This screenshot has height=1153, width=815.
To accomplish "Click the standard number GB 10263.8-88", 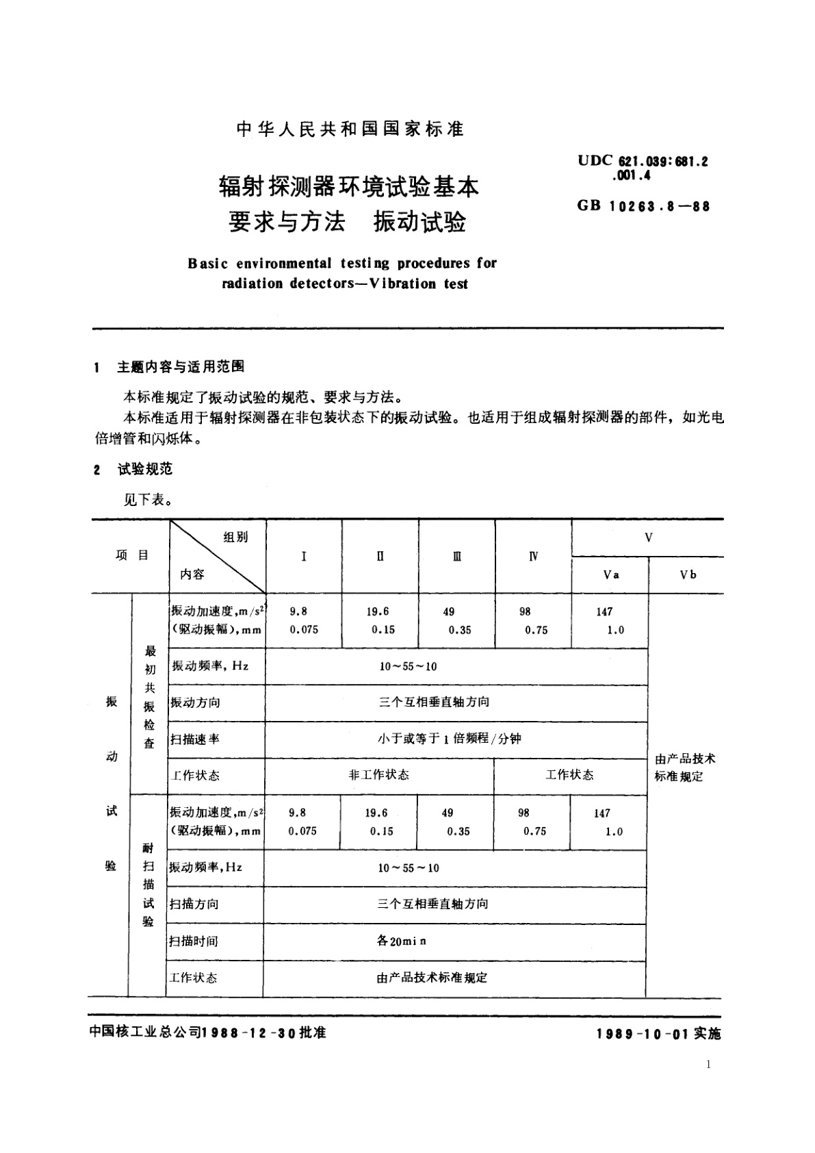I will (643, 206).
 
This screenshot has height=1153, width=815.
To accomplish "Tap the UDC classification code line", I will (642, 162).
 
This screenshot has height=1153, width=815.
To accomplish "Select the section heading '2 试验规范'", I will (134, 469).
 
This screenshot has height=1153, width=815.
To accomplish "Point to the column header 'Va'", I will (611, 574).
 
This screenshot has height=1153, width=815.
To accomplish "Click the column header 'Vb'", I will (688, 574).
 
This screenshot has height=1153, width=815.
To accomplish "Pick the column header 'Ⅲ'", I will (456, 556).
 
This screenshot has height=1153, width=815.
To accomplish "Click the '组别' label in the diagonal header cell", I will (235, 537).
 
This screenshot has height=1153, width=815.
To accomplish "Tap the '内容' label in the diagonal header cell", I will (192, 574).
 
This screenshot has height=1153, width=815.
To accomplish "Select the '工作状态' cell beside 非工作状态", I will (569, 774).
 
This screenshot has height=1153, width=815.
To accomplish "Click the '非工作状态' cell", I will (378, 774).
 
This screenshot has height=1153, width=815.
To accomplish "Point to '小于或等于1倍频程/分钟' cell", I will (449, 739).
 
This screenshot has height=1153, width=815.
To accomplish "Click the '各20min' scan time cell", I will (402, 941).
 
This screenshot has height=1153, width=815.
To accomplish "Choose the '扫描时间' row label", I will (194, 941).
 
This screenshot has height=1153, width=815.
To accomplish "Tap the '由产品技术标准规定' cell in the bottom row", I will (432, 978).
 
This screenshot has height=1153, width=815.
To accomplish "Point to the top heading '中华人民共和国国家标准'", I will (350, 129).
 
